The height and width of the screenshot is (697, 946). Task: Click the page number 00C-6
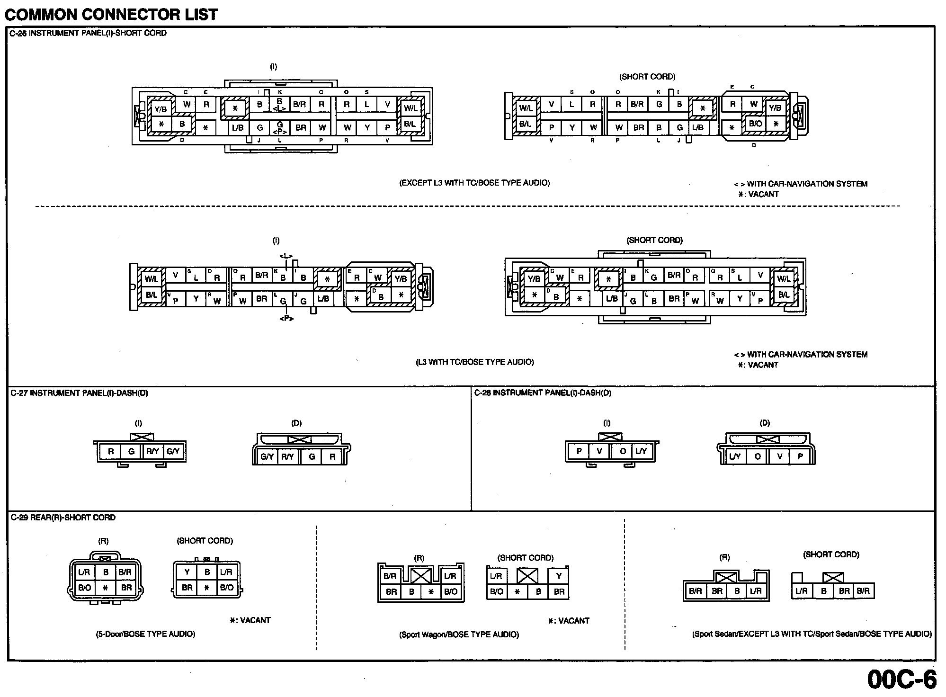point(901,679)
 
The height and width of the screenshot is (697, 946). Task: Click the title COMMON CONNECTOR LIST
point(111,14)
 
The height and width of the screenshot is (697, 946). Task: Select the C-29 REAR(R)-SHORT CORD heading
point(63,518)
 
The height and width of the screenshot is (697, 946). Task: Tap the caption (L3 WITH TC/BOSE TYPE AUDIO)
point(474,362)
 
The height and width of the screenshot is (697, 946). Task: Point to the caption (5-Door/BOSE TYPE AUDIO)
point(145,634)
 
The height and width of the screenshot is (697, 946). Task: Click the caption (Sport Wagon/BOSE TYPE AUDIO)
point(459,634)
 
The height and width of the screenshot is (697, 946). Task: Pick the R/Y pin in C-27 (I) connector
point(152,451)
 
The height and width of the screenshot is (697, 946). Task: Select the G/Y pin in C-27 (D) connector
point(267,457)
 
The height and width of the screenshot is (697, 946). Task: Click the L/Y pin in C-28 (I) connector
point(641,451)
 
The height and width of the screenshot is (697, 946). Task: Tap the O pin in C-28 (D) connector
point(758,457)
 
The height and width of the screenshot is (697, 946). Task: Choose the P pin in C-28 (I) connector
point(579,451)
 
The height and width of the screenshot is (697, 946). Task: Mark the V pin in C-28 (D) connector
point(779,457)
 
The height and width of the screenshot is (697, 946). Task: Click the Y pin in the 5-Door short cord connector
point(187,572)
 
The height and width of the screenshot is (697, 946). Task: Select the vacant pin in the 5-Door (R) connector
point(106,588)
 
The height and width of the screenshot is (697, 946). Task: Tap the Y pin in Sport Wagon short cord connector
point(559,576)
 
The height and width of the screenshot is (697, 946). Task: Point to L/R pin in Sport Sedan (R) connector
point(756,591)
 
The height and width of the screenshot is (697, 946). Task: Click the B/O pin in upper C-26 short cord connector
point(755,124)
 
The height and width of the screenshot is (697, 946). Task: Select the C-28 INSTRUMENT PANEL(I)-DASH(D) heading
point(543,393)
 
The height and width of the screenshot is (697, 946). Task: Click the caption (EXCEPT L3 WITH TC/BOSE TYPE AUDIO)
point(474,183)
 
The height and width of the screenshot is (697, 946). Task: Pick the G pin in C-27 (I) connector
point(131,451)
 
